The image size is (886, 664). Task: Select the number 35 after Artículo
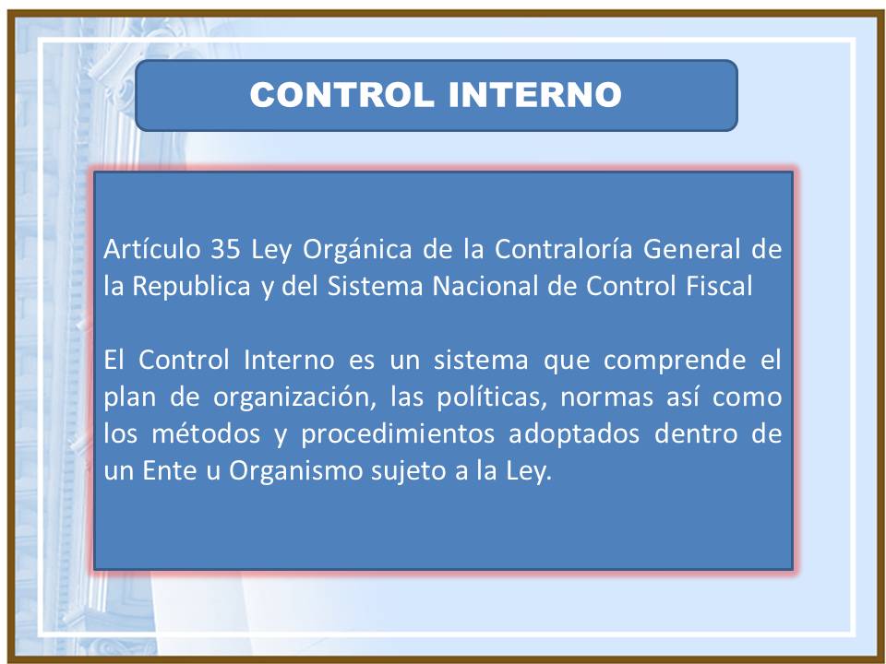(x=219, y=249)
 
